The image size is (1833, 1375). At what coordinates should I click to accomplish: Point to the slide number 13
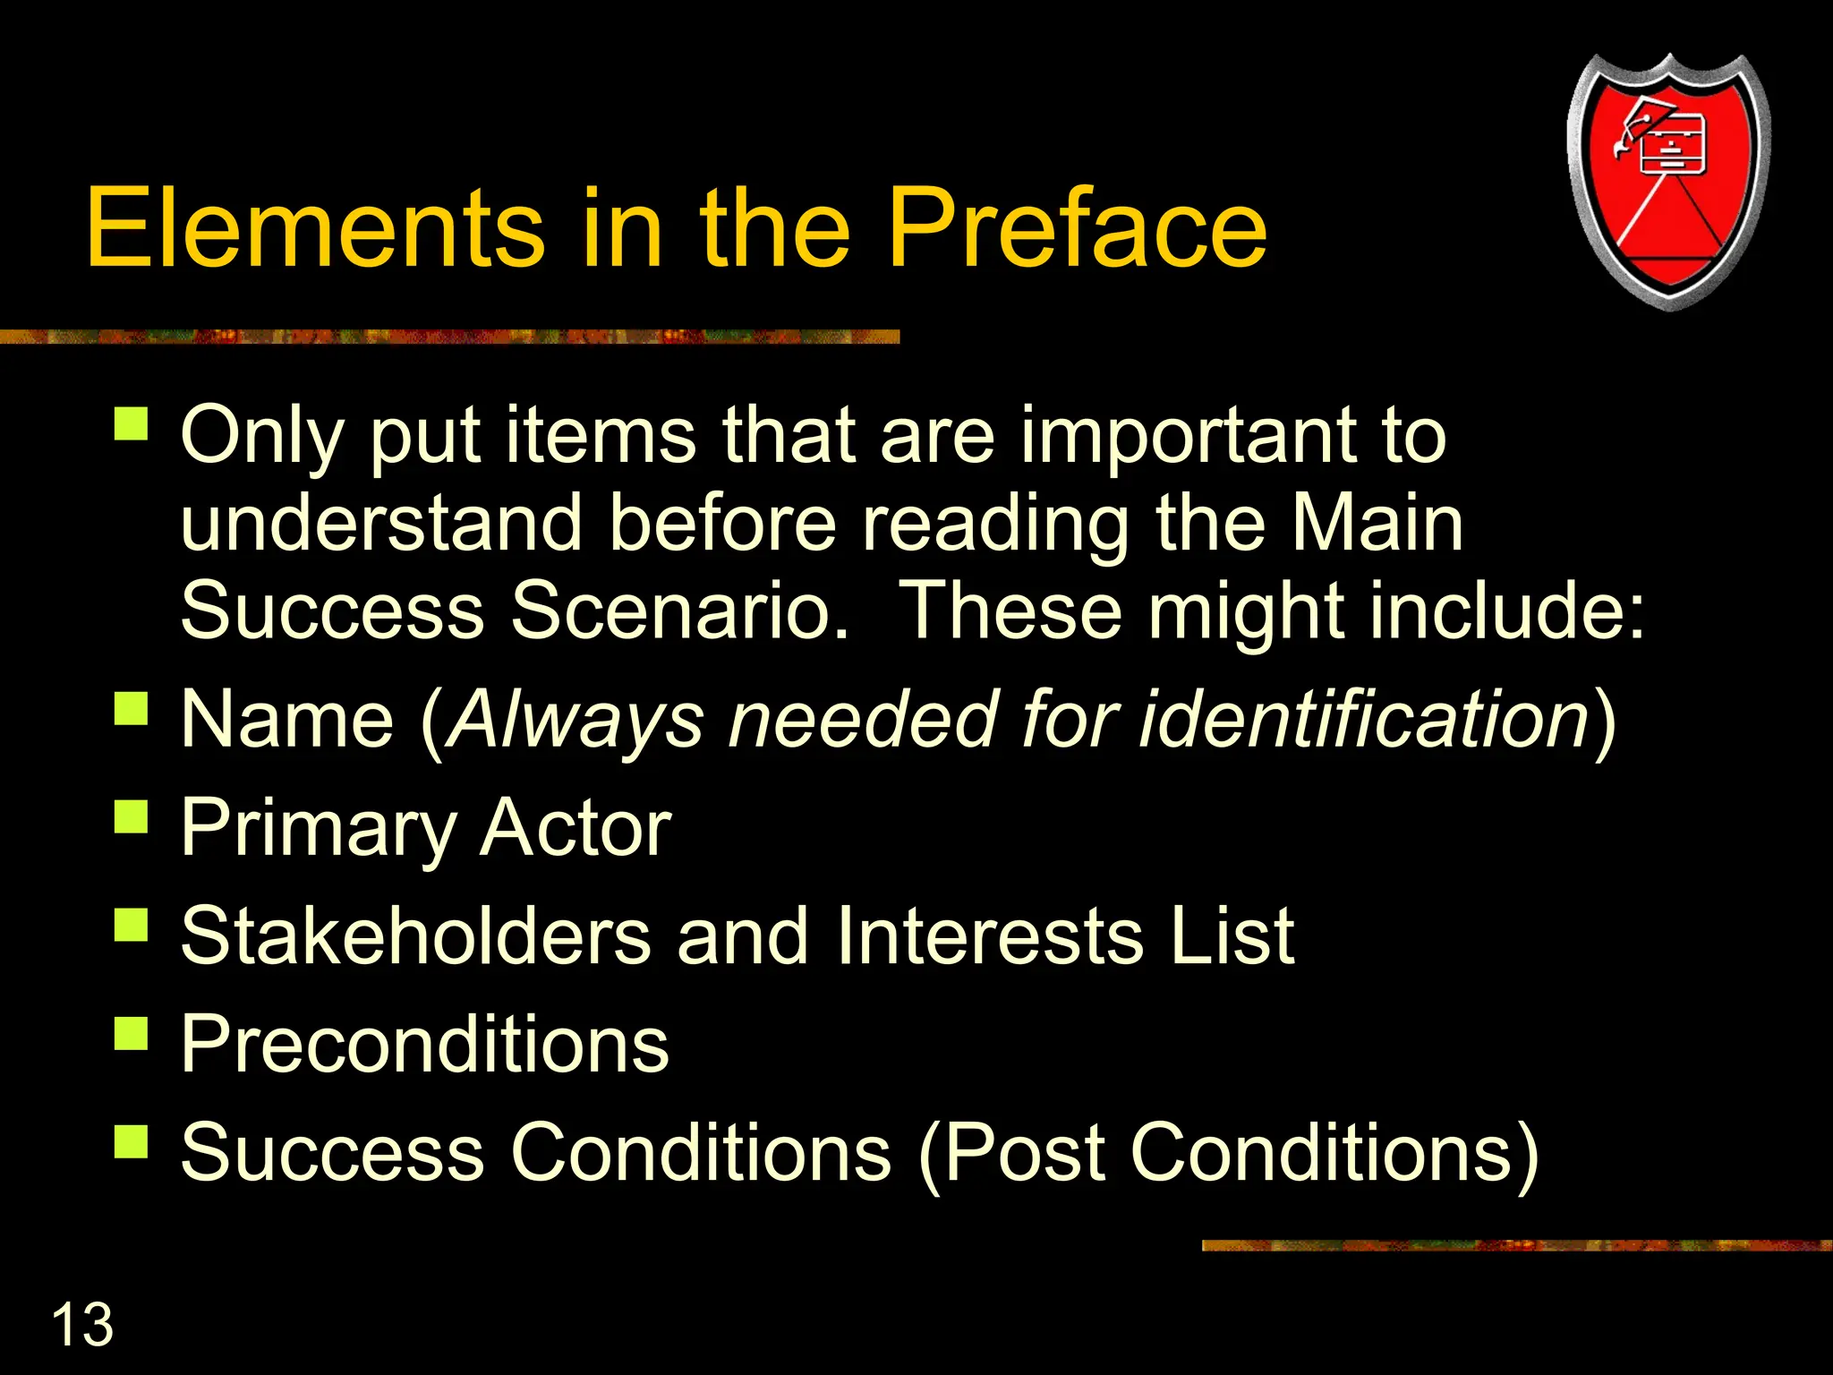82,1324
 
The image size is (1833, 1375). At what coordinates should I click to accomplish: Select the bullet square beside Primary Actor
132,816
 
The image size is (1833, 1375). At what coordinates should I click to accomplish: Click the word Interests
990,935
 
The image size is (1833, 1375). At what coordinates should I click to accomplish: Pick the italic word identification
1364,719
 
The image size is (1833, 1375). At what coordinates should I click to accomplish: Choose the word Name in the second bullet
287,719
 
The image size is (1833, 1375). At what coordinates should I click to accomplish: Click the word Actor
575,828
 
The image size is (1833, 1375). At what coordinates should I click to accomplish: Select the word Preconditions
425,1044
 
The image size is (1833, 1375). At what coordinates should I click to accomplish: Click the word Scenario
680,611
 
